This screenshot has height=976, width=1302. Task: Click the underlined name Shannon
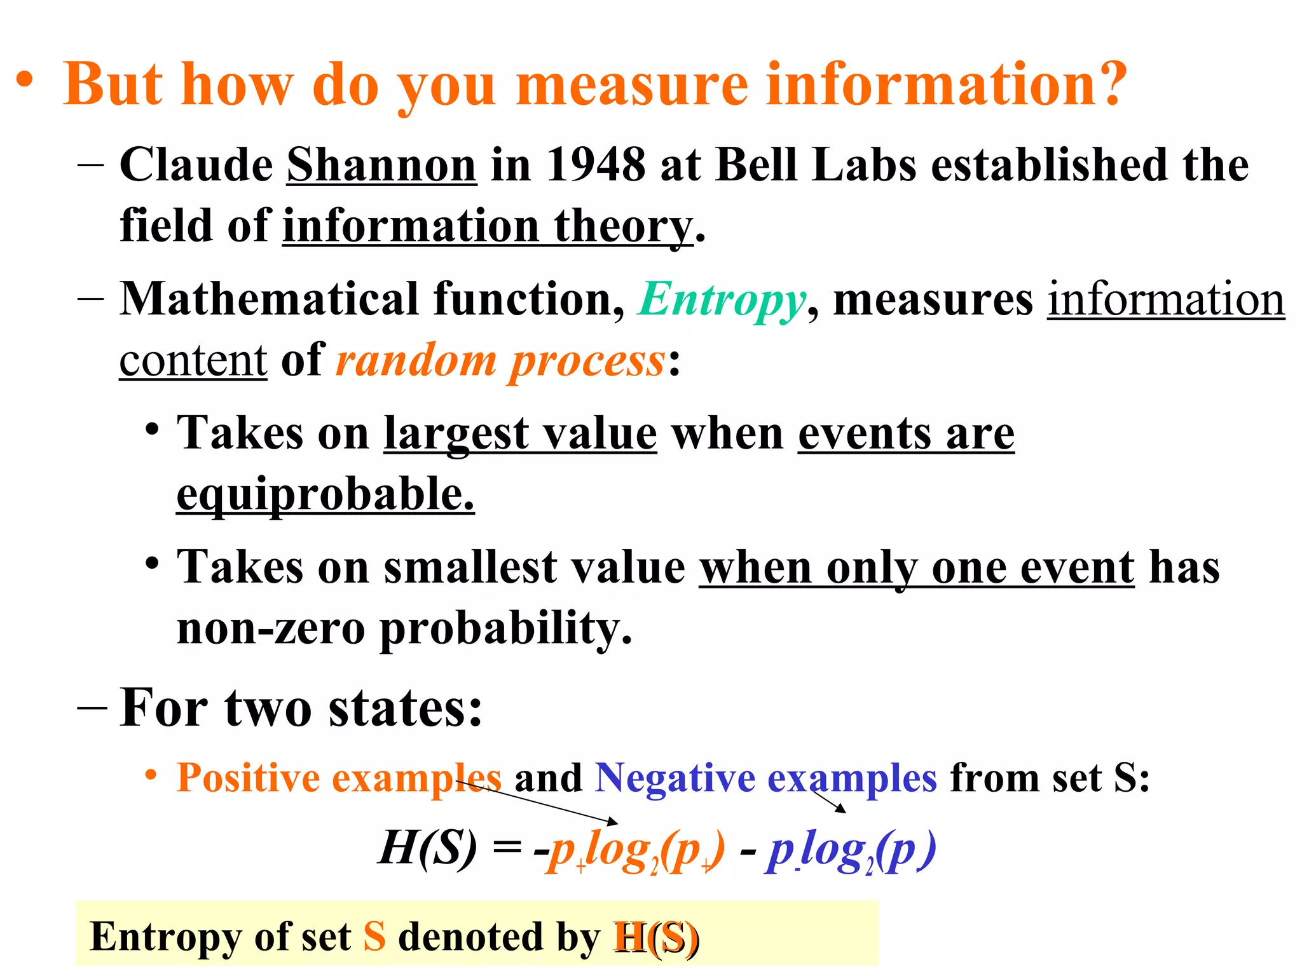(381, 165)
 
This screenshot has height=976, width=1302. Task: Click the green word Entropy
(722, 300)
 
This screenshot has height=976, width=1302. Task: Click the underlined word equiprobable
(325, 494)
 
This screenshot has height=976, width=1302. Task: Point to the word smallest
(470, 567)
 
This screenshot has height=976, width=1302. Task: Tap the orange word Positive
(248, 777)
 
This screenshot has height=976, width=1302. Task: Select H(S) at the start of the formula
(427, 848)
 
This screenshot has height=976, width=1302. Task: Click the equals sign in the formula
(507, 848)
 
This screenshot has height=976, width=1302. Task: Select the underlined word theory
(622, 226)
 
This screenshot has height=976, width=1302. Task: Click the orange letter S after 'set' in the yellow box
(374, 937)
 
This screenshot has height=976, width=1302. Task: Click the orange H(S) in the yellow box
(655, 937)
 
